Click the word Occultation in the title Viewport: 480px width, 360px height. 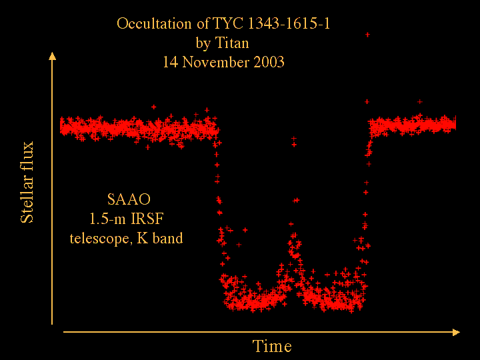(x=154, y=23)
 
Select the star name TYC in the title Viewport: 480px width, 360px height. (x=228, y=23)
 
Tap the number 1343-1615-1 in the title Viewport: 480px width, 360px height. (x=289, y=23)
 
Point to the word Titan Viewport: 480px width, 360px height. (x=232, y=43)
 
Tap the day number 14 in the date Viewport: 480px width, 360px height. (x=170, y=62)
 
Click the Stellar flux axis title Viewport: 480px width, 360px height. (x=27, y=182)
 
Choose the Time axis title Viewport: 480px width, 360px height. (x=272, y=346)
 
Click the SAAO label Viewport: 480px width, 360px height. (x=129, y=199)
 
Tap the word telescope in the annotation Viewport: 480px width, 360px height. (x=101, y=239)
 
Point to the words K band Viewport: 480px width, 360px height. (x=160, y=238)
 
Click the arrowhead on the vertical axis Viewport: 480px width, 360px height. (x=53, y=56)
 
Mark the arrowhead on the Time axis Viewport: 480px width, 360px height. (x=456, y=333)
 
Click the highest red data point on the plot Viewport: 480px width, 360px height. (x=367, y=35)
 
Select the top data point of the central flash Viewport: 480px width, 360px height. (x=293, y=139)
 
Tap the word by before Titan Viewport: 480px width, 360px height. (x=203, y=43)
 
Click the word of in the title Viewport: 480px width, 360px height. (x=203, y=23)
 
